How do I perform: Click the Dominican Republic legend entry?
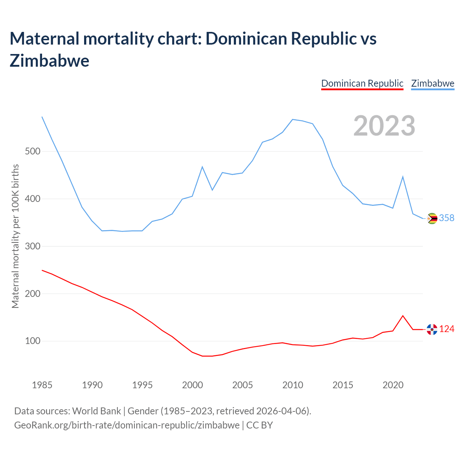(x=362, y=83)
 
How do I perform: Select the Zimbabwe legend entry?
(x=432, y=83)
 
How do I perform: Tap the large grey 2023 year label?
(x=384, y=126)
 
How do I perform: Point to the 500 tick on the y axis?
(x=32, y=151)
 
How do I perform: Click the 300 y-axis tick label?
(x=32, y=246)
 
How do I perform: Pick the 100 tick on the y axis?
(x=32, y=341)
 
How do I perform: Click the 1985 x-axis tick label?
(x=42, y=385)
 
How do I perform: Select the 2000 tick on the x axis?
(x=192, y=385)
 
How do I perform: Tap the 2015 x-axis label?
(x=343, y=385)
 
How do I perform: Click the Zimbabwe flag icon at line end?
(x=432, y=218)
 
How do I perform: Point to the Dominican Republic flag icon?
(x=432, y=329)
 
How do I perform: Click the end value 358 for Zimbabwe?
(x=447, y=218)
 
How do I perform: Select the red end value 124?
(x=447, y=329)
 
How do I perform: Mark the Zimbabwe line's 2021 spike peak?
(x=403, y=177)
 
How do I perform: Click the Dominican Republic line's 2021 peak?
(x=403, y=316)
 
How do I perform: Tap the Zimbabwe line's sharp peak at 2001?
(x=202, y=167)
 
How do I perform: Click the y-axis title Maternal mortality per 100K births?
(x=15, y=236)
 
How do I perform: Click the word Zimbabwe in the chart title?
(x=50, y=61)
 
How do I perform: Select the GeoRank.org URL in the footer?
(x=127, y=425)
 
